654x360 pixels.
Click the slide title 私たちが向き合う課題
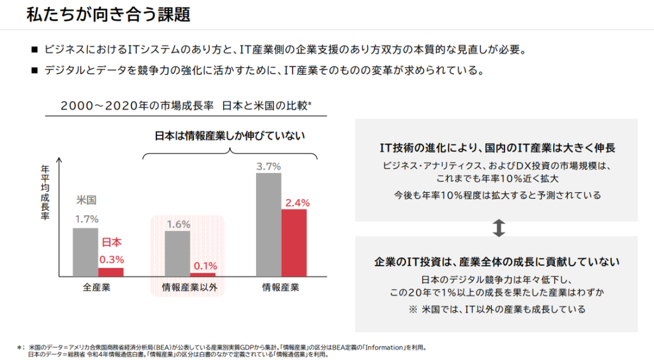[x=109, y=15]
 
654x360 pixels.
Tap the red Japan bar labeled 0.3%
[x=110, y=271]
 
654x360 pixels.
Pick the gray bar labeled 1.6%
[x=178, y=253]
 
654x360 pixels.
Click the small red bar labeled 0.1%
[x=203, y=274]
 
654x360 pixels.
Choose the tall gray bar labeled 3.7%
[x=269, y=224]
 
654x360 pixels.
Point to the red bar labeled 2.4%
[x=294, y=243]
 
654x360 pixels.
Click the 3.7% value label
[x=269, y=166]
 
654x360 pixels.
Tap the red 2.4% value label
[x=297, y=203]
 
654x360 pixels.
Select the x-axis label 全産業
[x=96, y=287]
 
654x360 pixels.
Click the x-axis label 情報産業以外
[x=190, y=287]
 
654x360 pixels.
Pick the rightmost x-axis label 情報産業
[x=280, y=287]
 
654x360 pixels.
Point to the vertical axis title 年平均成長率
[x=45, y=192]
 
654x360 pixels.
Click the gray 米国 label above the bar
[x=86, y=200]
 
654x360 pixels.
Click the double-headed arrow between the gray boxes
[x=500, y=229]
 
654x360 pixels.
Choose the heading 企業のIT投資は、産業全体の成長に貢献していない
[x=497, y=262]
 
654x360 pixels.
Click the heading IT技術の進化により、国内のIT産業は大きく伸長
[x=497, y=149]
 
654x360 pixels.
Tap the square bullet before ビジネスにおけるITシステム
[x=34, y=49]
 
